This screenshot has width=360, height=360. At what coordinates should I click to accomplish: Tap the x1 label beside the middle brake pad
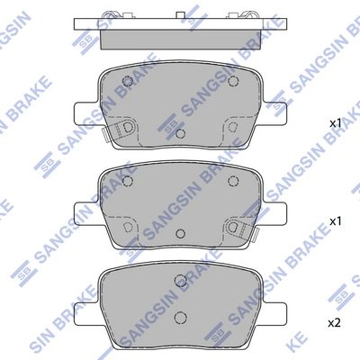coord(334,220)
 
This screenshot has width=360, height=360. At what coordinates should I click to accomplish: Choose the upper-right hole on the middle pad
coord(236,183)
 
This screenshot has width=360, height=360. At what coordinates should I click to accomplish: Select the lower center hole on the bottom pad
coord(181,317)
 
